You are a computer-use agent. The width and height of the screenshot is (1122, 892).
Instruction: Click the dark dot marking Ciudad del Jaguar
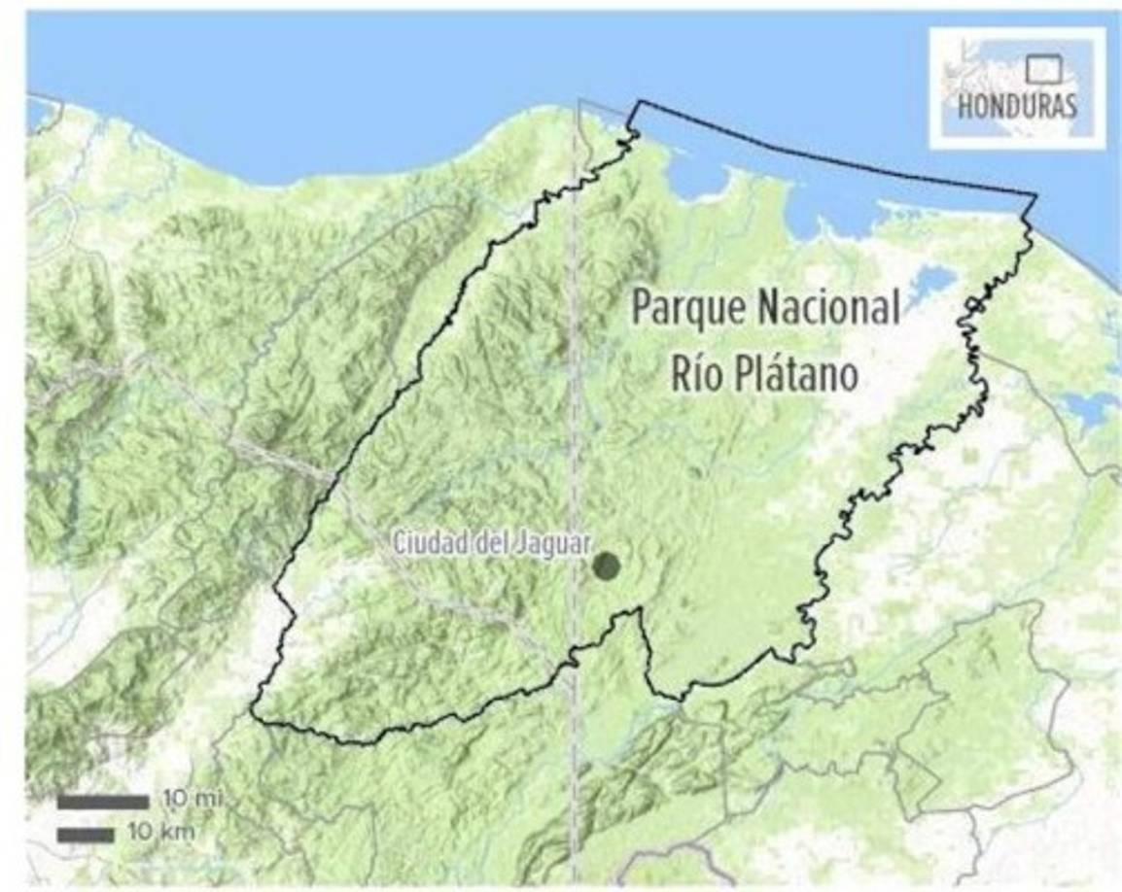[607, 566]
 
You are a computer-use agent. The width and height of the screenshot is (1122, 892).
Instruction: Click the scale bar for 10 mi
[102, 802]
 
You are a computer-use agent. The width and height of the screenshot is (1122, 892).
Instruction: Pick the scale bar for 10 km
[86, 834]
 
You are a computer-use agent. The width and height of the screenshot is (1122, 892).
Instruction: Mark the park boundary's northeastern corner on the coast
[1035, 196]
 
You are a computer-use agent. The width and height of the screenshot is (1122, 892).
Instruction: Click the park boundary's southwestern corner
[255, 717]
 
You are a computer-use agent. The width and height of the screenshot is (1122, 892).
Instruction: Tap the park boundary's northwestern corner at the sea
[637, 103]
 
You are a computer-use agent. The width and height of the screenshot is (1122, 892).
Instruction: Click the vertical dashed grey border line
[576, 389]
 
